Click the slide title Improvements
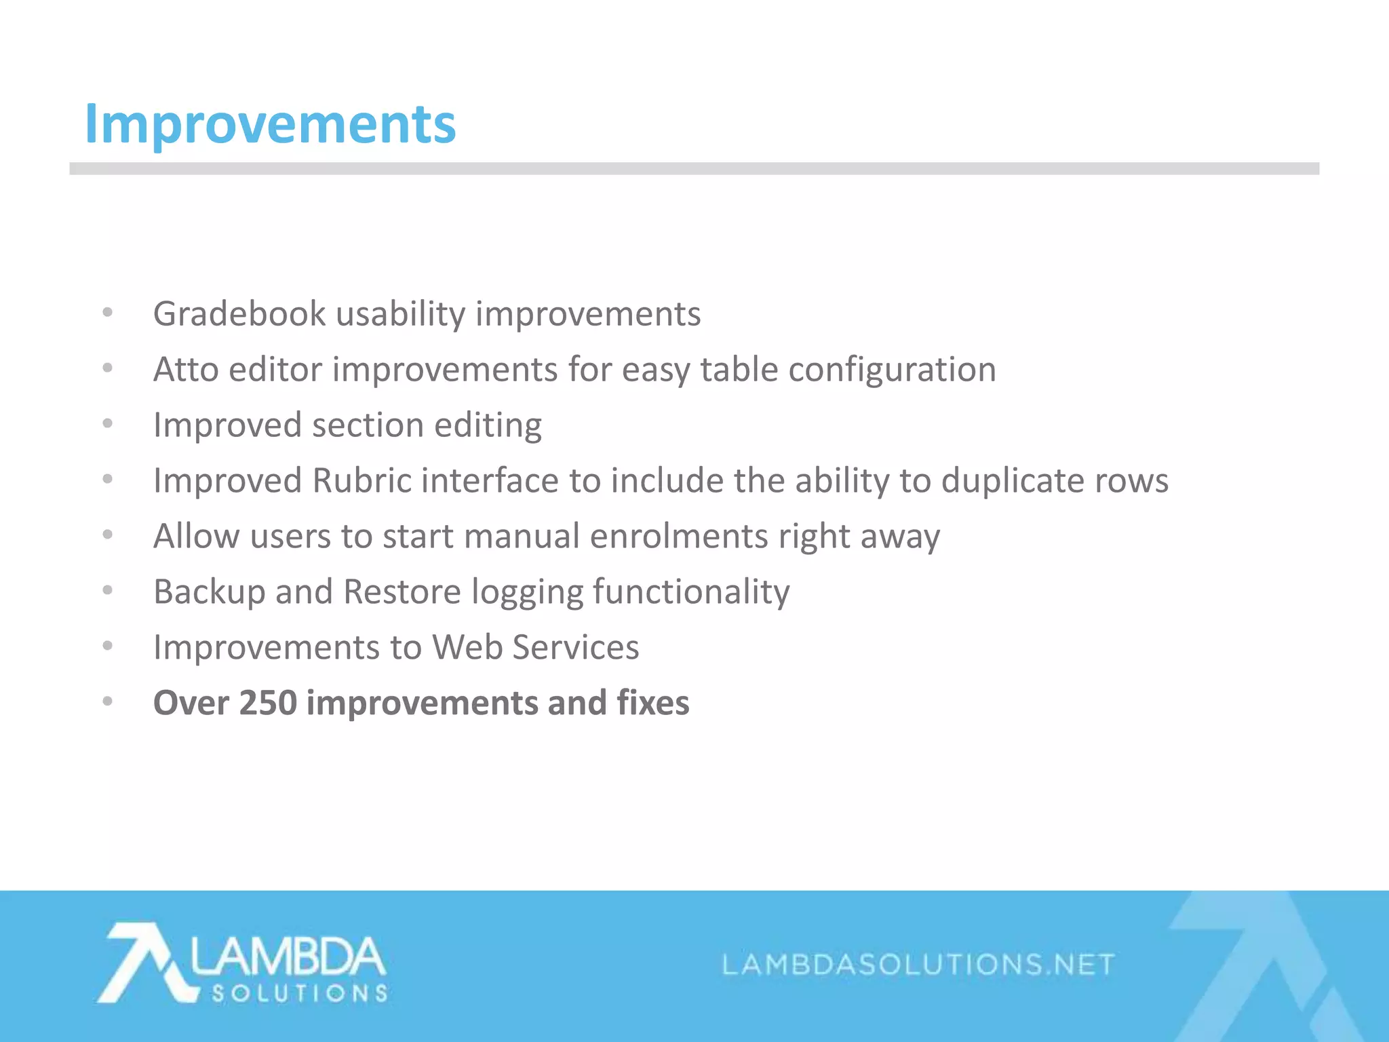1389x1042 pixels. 270,124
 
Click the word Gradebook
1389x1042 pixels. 239,314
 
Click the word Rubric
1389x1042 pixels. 361,481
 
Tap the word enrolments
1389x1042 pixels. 679,537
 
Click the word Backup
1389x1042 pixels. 209,592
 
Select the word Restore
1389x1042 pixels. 402,592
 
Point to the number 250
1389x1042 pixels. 268,703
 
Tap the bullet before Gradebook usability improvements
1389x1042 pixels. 107,313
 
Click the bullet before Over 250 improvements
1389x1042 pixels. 107,701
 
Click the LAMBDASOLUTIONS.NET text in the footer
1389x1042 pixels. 918,965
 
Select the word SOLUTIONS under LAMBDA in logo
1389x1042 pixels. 299,994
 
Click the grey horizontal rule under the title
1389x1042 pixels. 694,168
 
